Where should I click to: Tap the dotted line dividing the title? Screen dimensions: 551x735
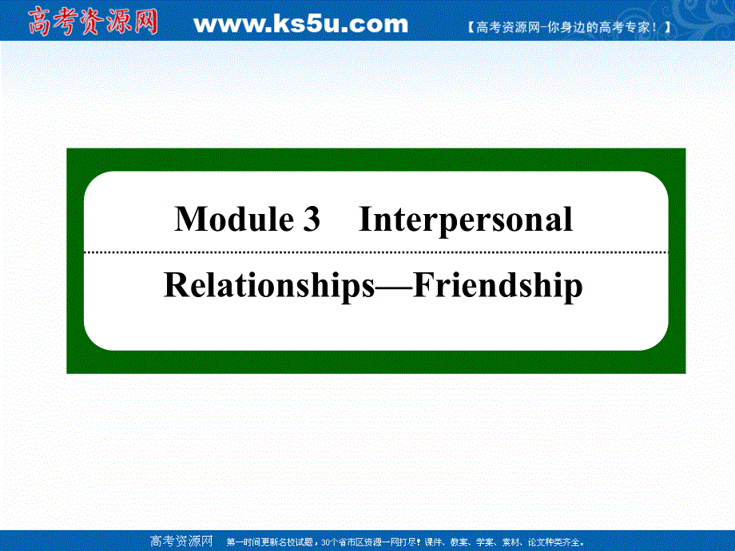tap(375, 252)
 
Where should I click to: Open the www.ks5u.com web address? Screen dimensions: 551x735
tap(300, 25)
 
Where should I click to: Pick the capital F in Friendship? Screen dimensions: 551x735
tap(424, 286)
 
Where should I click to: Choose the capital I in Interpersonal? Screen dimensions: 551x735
tap(365, 220)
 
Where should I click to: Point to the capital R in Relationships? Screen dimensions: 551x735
tap(175, 286)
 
